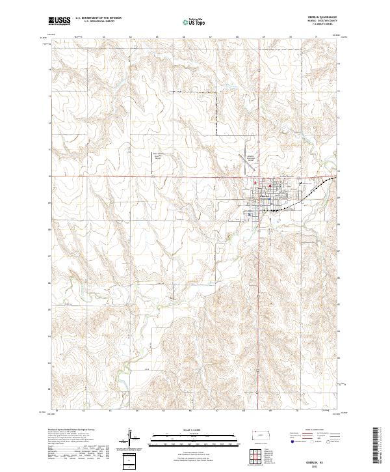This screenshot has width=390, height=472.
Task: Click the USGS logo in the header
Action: point(60,21)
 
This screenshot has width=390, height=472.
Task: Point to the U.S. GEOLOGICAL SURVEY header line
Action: point(94,21)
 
